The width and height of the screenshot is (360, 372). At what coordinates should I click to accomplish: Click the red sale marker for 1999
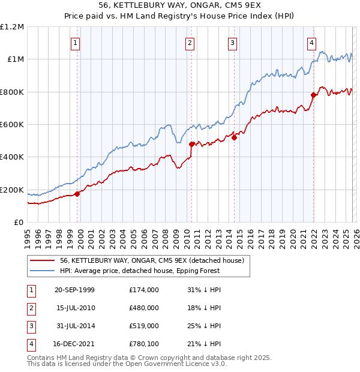coord(77,194)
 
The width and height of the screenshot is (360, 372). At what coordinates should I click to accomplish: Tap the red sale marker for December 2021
coord(313,95)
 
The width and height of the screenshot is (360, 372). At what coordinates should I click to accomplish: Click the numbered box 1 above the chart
coord(75,43)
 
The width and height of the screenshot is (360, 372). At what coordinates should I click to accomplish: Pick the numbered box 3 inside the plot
coord(232,43)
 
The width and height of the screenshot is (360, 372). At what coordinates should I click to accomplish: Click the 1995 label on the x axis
coord(28,236)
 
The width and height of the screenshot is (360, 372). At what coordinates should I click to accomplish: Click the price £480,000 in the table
coord(143,308)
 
